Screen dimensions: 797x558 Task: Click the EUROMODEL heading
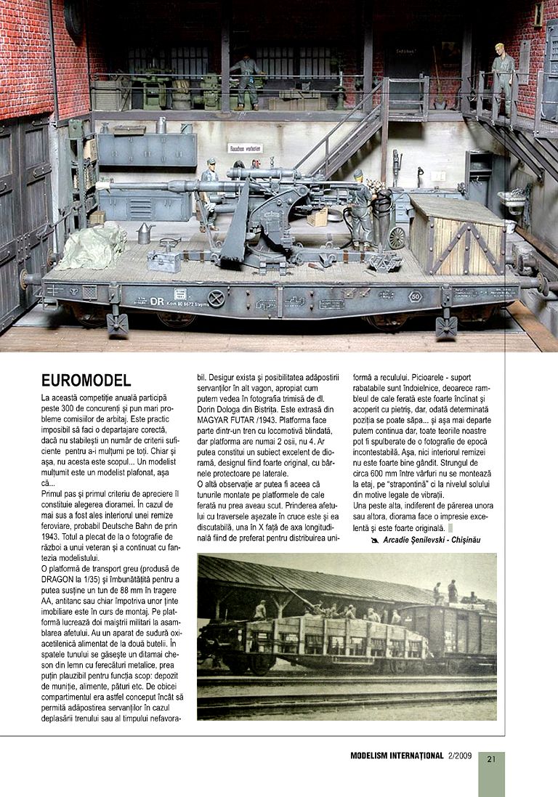86,380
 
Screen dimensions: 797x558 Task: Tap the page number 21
491,759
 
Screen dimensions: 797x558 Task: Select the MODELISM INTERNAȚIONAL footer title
397,756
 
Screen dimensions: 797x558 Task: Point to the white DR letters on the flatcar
157,300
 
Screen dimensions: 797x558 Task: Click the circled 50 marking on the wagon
415,296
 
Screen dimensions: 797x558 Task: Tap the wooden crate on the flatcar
456,233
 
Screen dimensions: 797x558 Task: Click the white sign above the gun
245,148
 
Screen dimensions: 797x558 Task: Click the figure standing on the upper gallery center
246,80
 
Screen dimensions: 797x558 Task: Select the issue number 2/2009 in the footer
461,756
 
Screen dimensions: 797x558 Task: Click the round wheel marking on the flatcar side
216,298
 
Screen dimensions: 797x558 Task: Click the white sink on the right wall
511,199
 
